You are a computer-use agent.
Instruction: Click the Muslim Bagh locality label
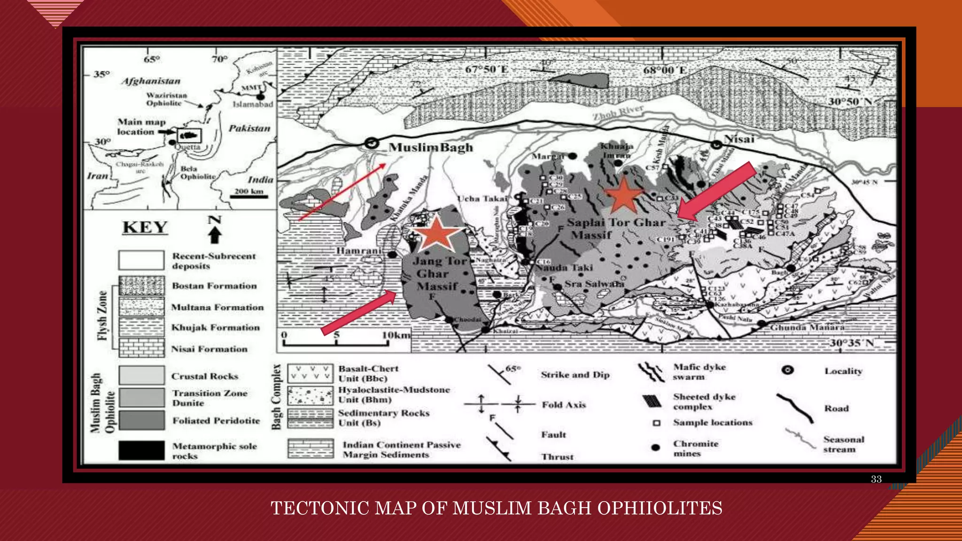coord(431,147)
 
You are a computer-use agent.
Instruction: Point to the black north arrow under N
coord(215,234)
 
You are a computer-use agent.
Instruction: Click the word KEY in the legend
coord(145,227)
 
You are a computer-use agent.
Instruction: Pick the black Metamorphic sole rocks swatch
coord(141,450)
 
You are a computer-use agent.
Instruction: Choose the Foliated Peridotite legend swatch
coord(141,420)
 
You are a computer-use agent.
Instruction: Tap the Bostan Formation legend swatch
coord(141,286)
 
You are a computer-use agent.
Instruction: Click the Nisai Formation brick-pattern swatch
coord(141,348)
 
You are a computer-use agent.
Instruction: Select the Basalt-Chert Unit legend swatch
coord(310,373)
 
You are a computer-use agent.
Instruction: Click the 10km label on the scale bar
coord(396,335)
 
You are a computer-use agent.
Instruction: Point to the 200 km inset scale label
coord(249,191)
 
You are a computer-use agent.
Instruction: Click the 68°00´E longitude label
coord(665,70)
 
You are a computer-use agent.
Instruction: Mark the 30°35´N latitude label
coord(851,343)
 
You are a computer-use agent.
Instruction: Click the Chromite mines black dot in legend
coord(656,448)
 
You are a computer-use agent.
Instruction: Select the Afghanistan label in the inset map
coord(151,81)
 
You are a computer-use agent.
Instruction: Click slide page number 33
coord(876,479)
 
